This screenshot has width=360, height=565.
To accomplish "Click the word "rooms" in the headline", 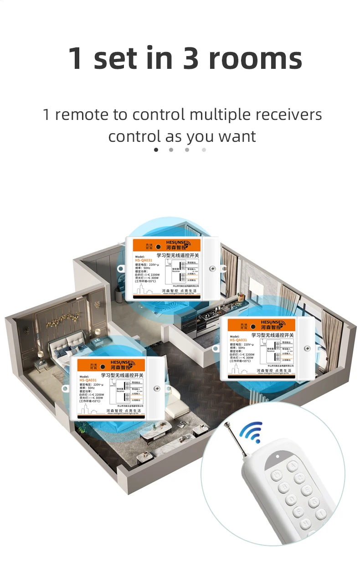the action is [255, 58].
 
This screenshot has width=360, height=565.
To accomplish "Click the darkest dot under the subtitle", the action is [156, 150].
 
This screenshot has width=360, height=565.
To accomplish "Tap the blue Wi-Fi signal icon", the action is [252, 431].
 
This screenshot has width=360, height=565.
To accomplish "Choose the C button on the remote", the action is [299, 478].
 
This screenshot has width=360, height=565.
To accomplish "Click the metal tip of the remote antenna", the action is [226, 425].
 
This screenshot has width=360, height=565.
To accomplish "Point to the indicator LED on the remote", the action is [278, 456].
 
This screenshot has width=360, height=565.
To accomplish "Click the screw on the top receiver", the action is [212, 269].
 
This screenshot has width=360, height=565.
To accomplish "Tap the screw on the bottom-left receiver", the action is [157, 389].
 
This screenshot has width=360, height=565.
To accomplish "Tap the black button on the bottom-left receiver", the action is [102, 367].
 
